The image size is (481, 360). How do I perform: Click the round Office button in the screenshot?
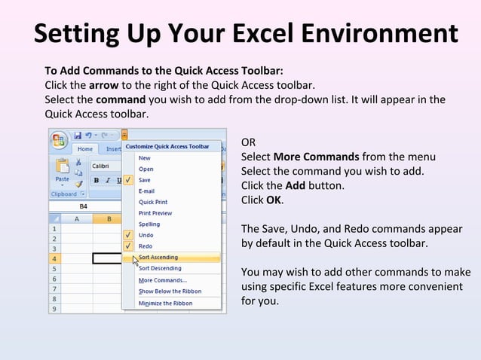60,140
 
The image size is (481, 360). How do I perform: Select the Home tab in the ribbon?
85,149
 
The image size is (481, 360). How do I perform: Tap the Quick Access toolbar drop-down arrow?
124,135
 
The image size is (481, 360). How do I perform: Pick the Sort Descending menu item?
159,268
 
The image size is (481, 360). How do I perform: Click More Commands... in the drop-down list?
162,280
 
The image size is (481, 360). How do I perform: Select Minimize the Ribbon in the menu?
165,304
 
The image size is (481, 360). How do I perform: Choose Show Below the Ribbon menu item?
170,291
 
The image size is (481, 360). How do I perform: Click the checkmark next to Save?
129,180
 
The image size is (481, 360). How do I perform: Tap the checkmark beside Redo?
129,246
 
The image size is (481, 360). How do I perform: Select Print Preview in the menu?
155,213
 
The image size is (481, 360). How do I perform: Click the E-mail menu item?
146,191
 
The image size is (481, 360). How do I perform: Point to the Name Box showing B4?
83,206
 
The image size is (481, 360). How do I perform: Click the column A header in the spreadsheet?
76,219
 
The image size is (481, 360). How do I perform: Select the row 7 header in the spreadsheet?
54,288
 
